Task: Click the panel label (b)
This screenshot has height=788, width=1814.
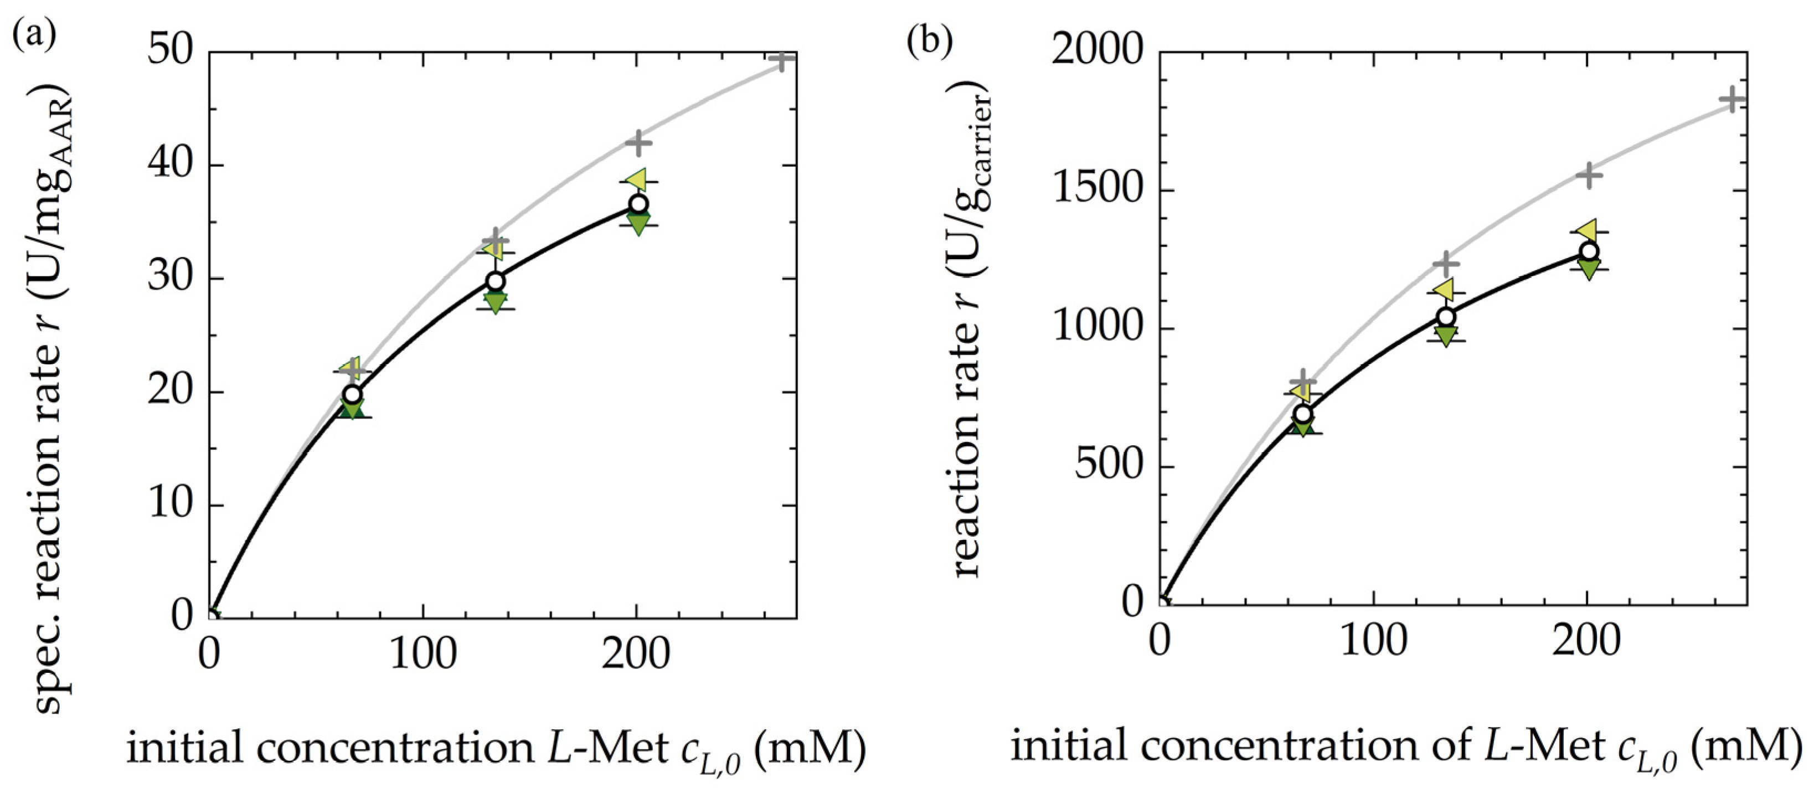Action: tap(929, 41)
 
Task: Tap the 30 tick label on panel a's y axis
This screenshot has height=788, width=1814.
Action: tap(171, 279)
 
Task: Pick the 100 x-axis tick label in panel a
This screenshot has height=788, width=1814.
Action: tap(423, 654)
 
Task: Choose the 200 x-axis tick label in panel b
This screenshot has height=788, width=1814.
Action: tap(1586, 641)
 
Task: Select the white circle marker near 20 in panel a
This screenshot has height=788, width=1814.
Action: tap(352, 394)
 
